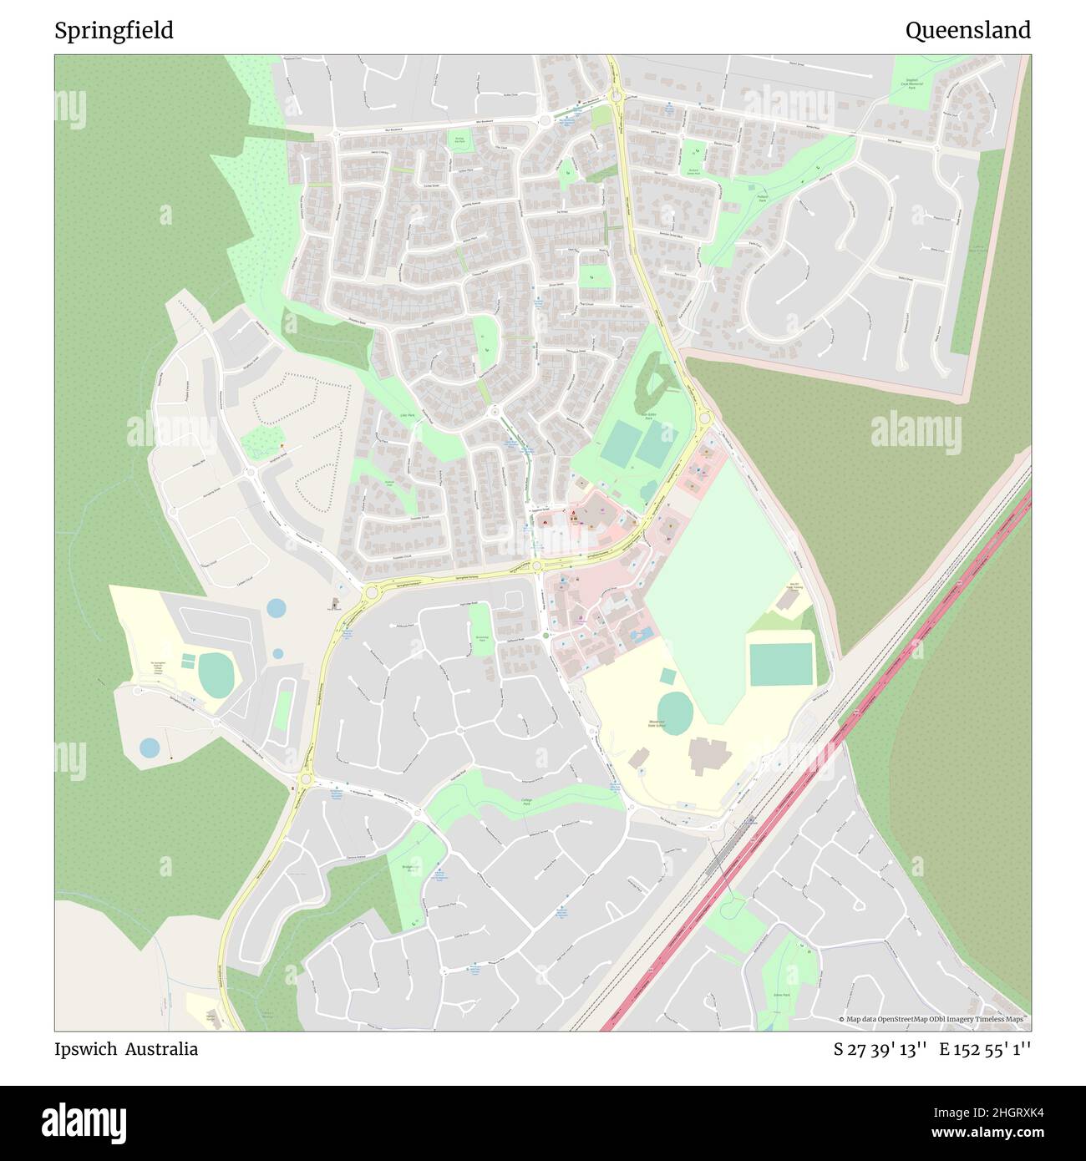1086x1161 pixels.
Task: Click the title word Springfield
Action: click(114, 31)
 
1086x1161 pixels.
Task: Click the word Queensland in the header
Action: click(967, 31)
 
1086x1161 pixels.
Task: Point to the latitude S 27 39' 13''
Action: click(880, 1049)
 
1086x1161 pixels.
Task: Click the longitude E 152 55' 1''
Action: click(985, 1049)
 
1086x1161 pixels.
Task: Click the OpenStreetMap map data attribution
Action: click(935, 1019)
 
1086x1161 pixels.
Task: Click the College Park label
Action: click(527, 802)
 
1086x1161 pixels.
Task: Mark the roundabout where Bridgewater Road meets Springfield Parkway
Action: click(304, 780)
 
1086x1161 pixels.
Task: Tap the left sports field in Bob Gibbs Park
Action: click(620, 444)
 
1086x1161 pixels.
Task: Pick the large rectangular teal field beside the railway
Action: click(780, 664)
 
